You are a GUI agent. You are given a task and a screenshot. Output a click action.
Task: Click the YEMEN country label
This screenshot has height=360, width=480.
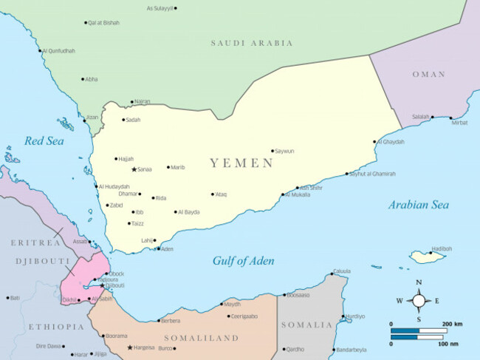click(x=241, y=163)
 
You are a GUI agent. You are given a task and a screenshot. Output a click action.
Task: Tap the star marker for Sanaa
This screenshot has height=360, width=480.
click(x=134, y=169)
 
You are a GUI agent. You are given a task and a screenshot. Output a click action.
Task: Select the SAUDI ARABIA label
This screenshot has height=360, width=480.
click(x=252, y=43)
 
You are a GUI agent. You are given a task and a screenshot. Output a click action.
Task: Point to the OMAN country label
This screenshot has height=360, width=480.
click(x=428, y=74)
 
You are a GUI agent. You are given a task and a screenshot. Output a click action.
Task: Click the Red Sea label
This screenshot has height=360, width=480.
click(x=44, y=140)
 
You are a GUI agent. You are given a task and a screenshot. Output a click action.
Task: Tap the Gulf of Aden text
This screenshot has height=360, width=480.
click(x=243, y=261)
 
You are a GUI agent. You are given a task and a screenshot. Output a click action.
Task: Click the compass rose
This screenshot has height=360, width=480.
click(x=419, y=300)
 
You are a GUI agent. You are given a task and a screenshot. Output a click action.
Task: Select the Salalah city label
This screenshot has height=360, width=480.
click(x=421, y=117)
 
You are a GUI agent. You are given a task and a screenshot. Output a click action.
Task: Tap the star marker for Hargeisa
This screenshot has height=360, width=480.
click(x=131, y=347)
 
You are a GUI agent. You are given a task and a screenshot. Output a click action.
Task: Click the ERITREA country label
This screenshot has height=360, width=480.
click(x=35, y=242)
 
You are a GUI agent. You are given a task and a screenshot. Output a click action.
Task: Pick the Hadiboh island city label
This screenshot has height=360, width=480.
click(x=442, y=248)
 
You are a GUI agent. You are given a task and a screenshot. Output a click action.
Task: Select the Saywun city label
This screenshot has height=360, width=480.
click(x=284, y=151)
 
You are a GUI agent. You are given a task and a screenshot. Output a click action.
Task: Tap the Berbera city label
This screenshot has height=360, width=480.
click(x=170, y=321)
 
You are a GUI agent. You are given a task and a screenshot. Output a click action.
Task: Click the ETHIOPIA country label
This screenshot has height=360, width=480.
click(x=56, y=326)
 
